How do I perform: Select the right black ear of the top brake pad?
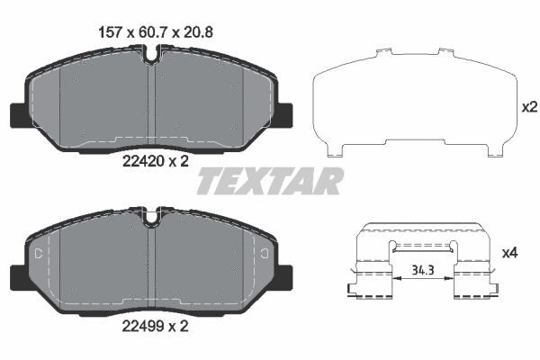click(x=285, y=116)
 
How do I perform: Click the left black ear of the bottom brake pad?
click(x=18, y=277)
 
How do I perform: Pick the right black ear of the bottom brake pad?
click(x=285, y=277)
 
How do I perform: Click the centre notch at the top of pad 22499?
click(x=152, y=216)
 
